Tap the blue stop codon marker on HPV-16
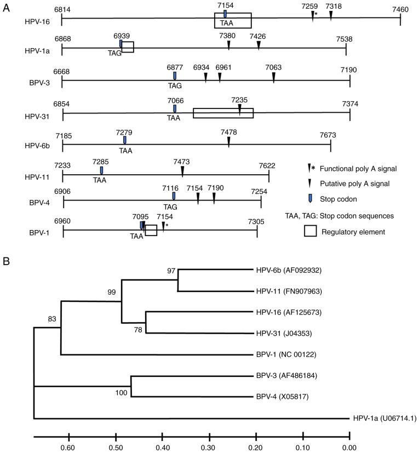coord(225,14)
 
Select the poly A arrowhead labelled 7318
coord(331,15)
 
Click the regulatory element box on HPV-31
coord(223,113)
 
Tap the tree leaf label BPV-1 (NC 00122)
coord(285,354)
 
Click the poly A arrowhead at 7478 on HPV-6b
coord(228,142)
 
